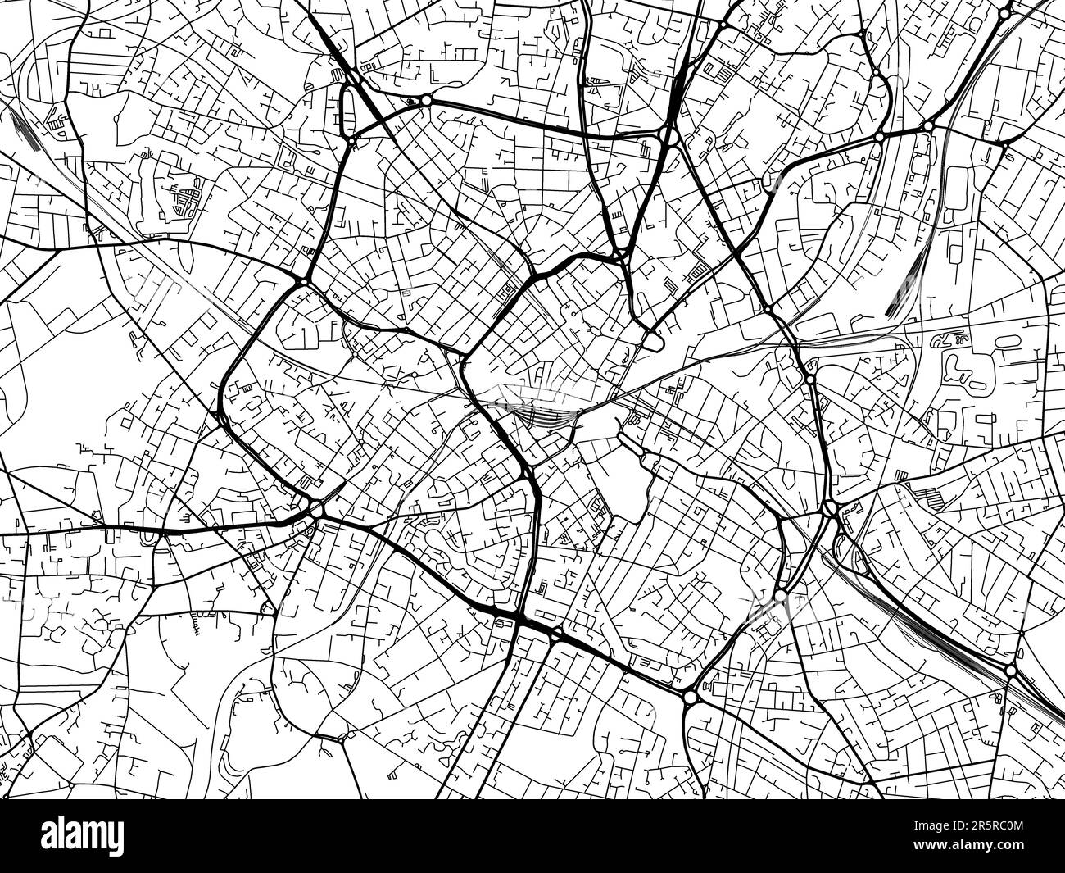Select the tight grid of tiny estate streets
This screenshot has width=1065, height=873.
pos(185,198)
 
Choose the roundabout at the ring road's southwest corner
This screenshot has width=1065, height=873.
pos(316,509)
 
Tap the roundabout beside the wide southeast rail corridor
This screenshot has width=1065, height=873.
pos(1011,671)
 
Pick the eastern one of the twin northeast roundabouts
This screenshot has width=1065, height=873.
pos(927,125)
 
